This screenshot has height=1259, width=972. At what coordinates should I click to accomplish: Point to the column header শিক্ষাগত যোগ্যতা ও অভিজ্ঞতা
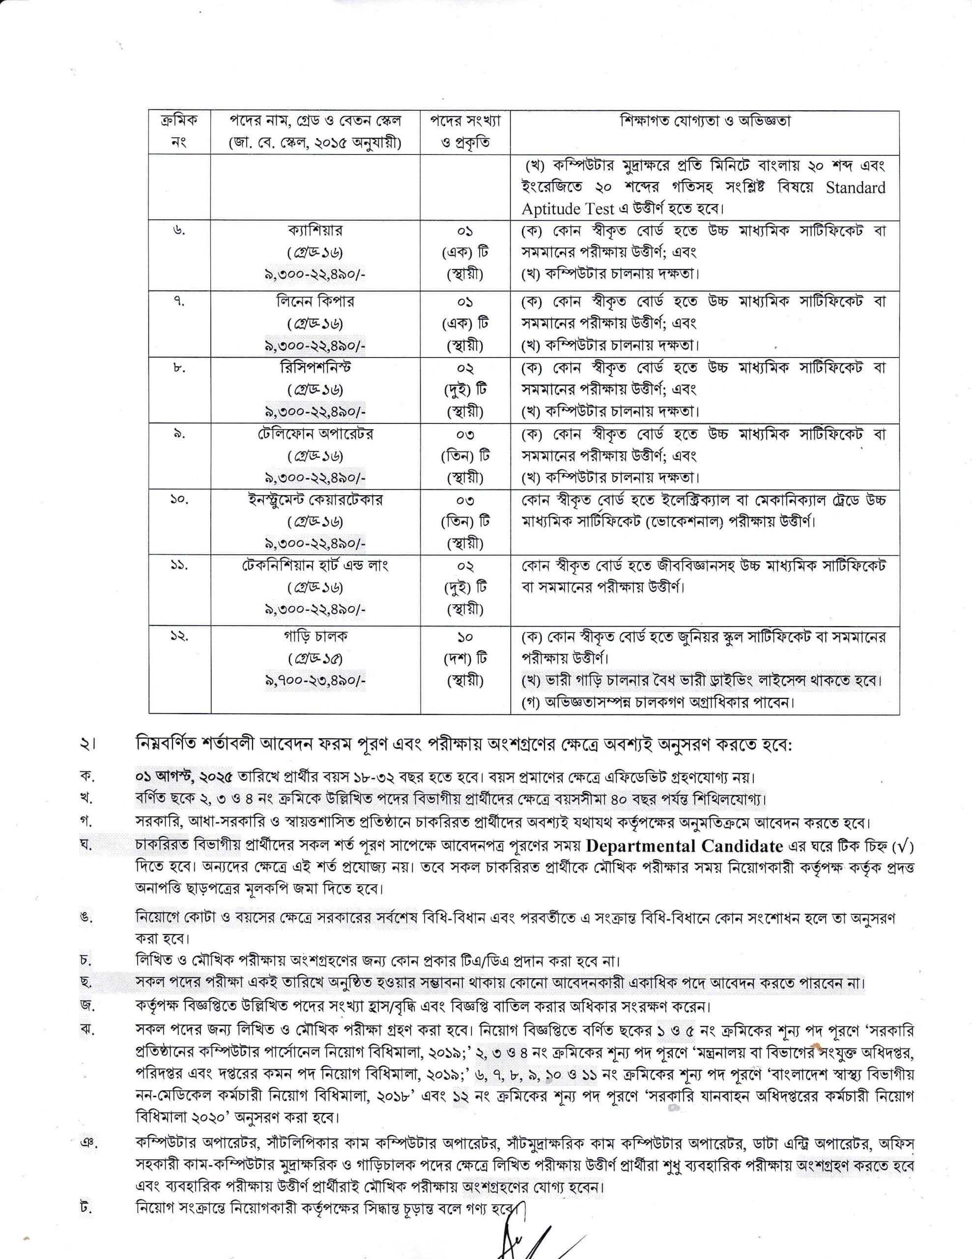coord(705,121)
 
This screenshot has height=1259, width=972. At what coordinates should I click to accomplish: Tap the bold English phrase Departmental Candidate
coord(685,846)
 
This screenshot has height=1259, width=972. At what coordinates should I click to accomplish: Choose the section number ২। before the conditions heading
coord(87,746)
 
